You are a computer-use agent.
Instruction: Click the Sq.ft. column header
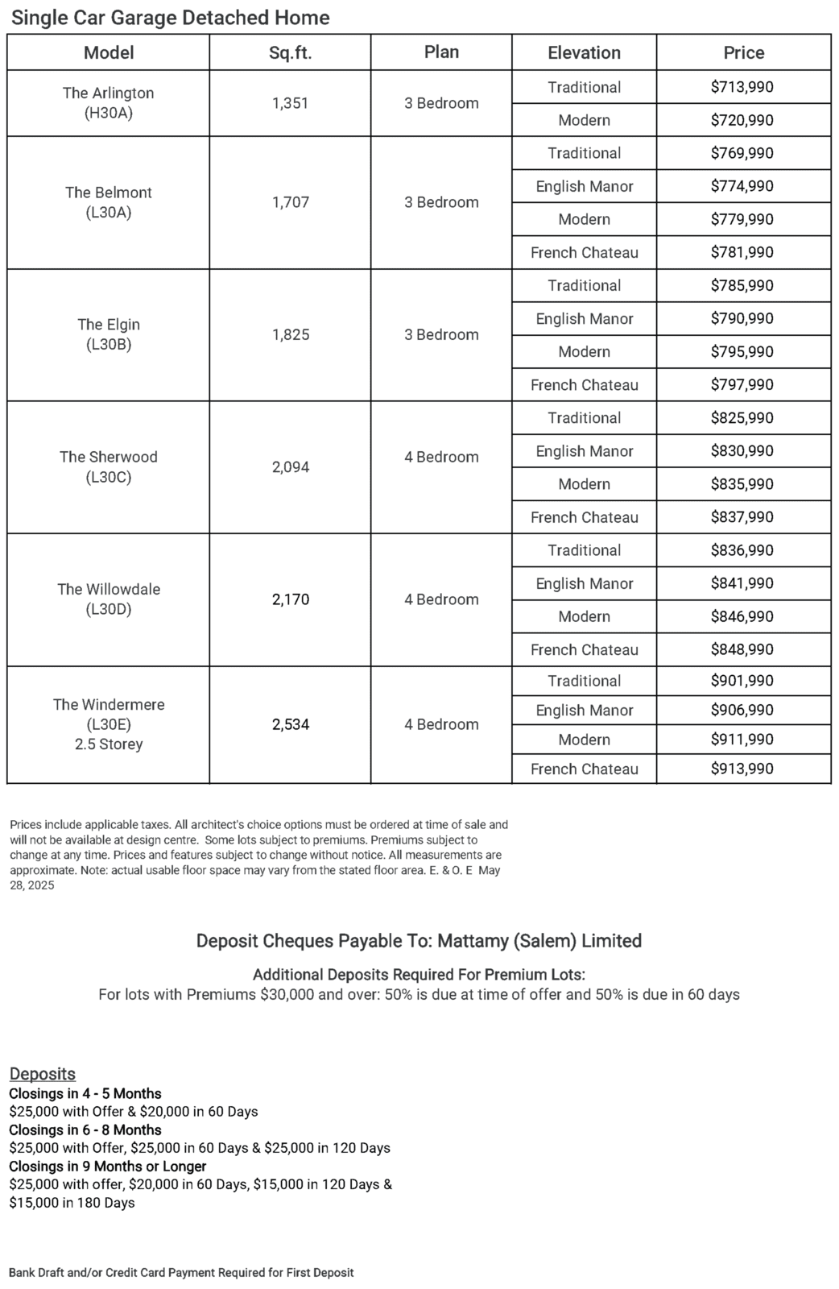(290, 53)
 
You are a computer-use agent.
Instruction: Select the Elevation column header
(584, 53)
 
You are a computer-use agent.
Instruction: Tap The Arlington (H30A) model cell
(109, 103)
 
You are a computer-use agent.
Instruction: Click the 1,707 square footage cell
(290, 202)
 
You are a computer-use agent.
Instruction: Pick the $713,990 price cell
(742, 87)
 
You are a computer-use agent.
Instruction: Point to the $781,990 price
(742, 252)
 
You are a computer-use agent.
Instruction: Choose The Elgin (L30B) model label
(109, 334)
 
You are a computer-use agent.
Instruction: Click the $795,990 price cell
(742, 352)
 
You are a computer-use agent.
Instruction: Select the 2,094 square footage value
(290, 467)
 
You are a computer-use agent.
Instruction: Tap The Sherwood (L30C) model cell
(109, 466)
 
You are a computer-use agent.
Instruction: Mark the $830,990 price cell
(742, 451)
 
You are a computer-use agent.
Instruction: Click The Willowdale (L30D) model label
(109, 599)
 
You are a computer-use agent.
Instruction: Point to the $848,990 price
(742, 649)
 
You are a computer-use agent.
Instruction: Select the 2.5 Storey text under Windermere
(109, 744)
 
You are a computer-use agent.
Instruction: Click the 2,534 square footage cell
(290, 724)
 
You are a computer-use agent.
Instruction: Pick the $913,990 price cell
(742, 769)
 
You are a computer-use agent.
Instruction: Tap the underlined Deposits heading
(43, 1074)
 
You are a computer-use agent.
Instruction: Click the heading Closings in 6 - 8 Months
(85, 1129)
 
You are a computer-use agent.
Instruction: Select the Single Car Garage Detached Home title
(170, 18)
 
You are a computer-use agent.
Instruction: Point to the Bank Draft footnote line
(181, 1273)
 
